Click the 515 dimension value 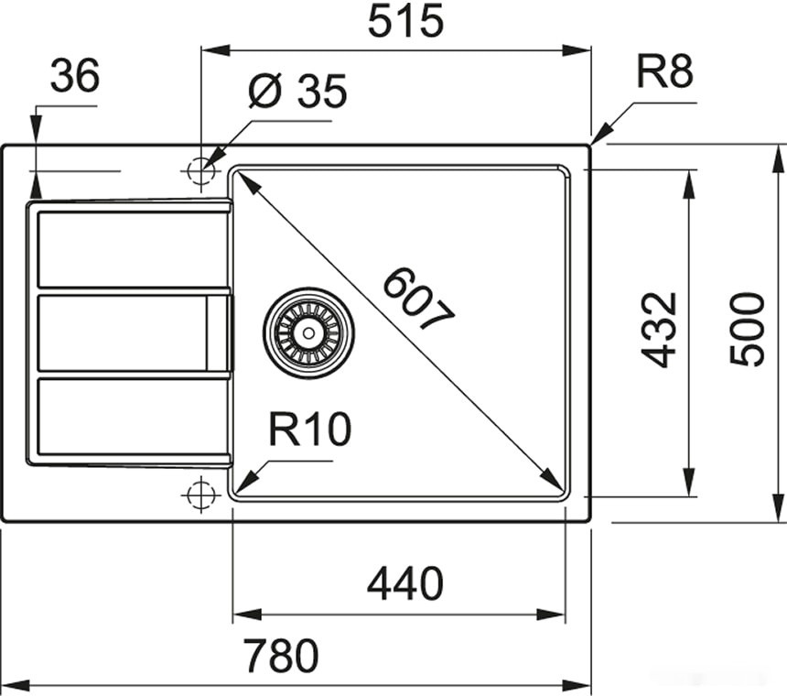click(x=405, y=22)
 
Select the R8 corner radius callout click(x=664, y=71)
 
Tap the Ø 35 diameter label click(x=297, y=92)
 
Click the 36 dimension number click(x=74, y=77)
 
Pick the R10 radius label click(x=310, y=429)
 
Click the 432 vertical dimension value click(x=659, y=330)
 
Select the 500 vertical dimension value click(x=748, y=330)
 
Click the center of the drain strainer click(x=308, y=332)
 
